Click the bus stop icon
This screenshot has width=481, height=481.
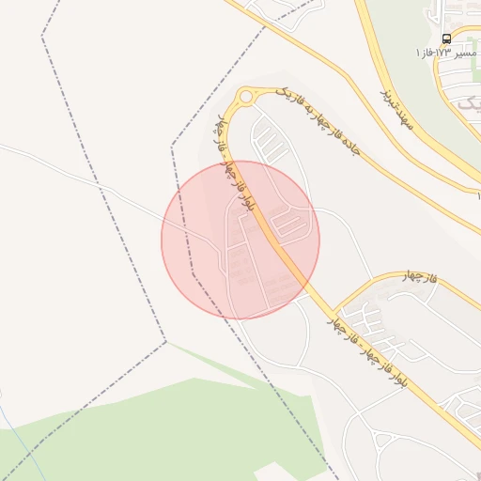click(x=445, y=39)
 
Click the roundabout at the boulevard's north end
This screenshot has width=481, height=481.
click(x=248, y=96)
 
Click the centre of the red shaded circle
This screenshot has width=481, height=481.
click(x=240, y=240)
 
